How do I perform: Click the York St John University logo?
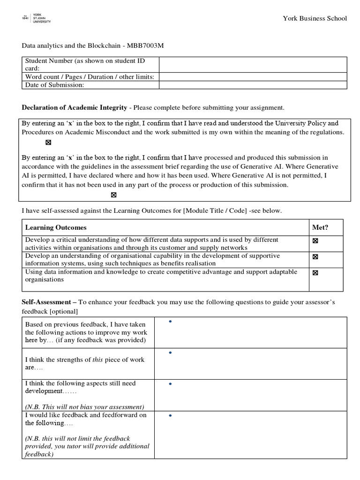coord(37,18)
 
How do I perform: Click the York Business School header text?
coord(315,18)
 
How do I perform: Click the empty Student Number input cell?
coord(253,65)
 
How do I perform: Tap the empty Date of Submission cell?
coord(253,85)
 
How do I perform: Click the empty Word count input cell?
coord(253,77)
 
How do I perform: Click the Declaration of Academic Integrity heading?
coord(75,107)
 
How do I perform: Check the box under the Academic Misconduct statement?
coord(48,142)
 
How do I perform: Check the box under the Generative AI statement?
coord(113,195)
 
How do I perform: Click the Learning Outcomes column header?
coord(56,227)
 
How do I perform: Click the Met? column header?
coord(320,227)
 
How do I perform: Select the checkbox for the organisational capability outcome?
coord(315,257)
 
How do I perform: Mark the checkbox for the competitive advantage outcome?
coord(315,273)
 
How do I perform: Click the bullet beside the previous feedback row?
coord(170,322)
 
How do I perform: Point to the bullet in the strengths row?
coord(170,352)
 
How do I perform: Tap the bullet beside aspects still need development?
coord(170,384)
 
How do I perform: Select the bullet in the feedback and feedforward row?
coord(170,416)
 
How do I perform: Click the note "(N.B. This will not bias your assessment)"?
coord(84,406)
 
